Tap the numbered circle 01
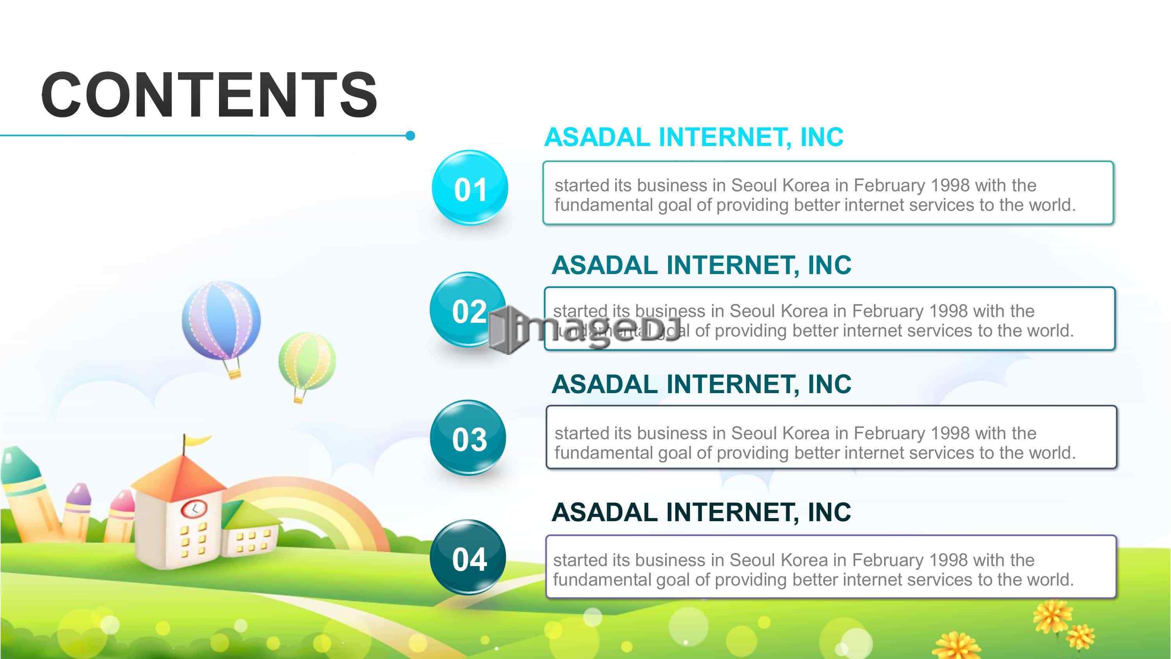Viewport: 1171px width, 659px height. point(470,188)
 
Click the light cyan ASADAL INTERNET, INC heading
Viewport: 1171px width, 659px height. point(694,137)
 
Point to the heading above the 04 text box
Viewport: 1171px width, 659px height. point(701,512)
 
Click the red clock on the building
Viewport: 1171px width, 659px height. point(194,509)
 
